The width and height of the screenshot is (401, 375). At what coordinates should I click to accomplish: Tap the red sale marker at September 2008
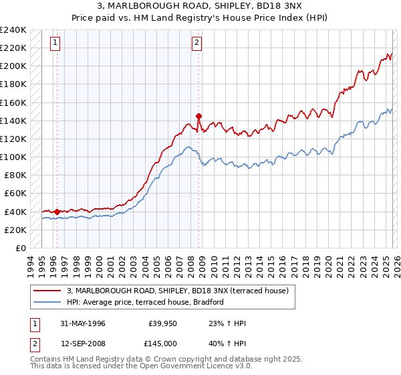tap(198, 116)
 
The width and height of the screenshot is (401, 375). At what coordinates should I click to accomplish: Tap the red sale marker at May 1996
tap(57, 212)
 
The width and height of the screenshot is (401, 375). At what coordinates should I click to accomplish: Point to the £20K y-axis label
tap(15, 230)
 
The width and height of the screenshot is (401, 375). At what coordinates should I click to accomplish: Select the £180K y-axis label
tap(13, 84)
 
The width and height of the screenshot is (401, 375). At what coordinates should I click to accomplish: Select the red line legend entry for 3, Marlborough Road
tap(177, 291)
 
